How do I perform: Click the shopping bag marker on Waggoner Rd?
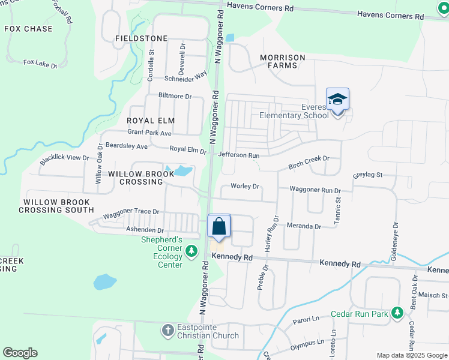tap(219, 227)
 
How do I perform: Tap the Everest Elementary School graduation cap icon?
tap(337, 100)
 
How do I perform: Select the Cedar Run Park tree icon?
tap(397, 313)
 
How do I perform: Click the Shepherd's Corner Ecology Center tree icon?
tap(191, 251)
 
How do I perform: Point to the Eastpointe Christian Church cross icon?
tap(168, 329)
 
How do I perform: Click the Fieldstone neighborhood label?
tap(142, 38)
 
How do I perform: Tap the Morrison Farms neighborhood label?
tap(282, 61)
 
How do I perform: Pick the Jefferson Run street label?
tap(239, 155)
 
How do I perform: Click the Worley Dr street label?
tap(245, 187)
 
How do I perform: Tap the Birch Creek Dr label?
tap(309, 158)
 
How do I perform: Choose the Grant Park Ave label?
tap(149, 132)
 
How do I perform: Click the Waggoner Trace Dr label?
tap(131, 212)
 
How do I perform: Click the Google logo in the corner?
tap(20, 353)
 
